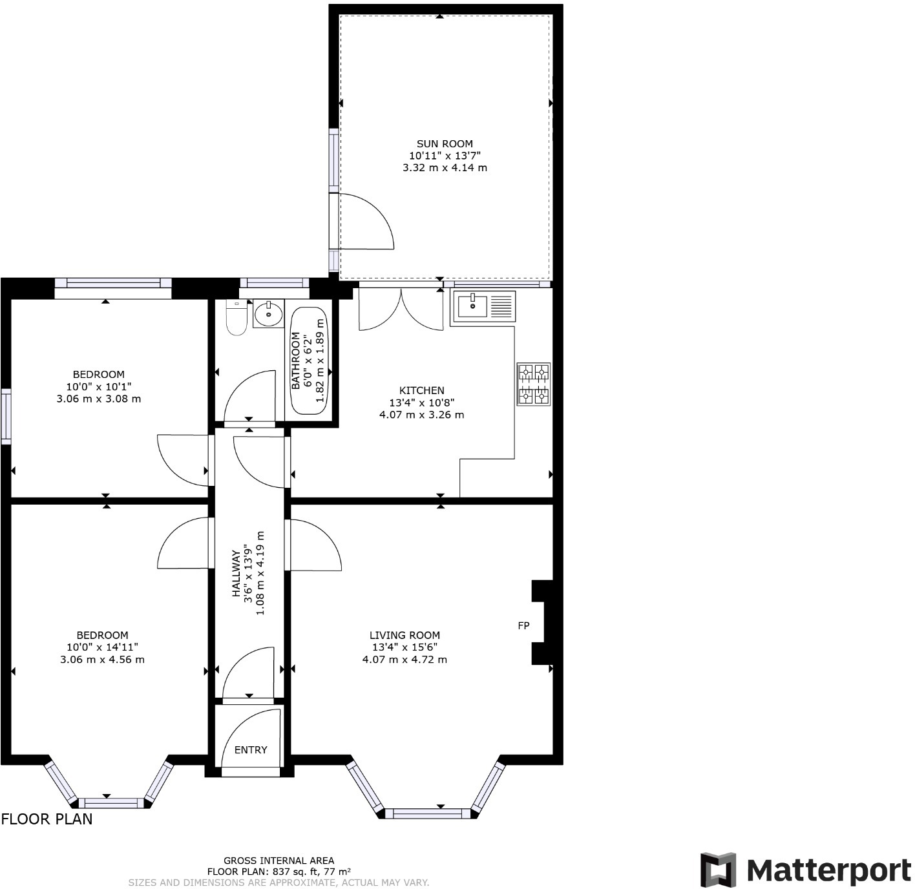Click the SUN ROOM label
click(x=444, y=144)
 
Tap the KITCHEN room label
click(x=421, y=390)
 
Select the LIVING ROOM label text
click(x=405, y=635)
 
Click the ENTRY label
click(x=251, y=749)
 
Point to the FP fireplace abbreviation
click(x=523, y=625)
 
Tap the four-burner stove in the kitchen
click(x=533, y=384)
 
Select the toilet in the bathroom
click(x=237, y=318)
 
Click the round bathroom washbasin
click(x=268, y=314)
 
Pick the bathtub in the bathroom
click(x=310, y=361)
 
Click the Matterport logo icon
click(x=718, y=870)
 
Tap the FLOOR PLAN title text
click(x=47, y=819)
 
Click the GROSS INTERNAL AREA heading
click(x=279, y=860)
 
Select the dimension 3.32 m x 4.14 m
click(x=444, y=167)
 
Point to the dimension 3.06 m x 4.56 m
click(x=102, y=660)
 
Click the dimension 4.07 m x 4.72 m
click(x=405, y=660)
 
